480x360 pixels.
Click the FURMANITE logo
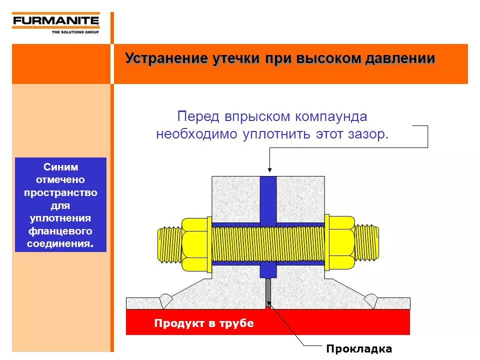click(55, 21)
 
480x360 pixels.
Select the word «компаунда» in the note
click(330, 116)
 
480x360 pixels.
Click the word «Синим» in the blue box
click(60, 167)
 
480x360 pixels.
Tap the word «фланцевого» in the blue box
click(60, 231)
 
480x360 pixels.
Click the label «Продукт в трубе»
click(204, 323)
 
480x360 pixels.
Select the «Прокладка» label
click(359, 349)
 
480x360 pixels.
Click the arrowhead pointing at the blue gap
click(269, 169)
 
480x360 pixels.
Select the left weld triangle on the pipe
click(165, 301)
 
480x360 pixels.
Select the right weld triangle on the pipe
click(371, 301)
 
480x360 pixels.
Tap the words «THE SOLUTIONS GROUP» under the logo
click(75, 32)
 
